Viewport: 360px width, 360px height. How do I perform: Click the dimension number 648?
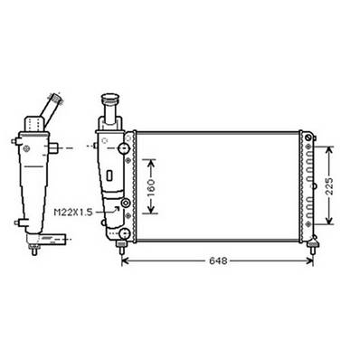pos(218,261)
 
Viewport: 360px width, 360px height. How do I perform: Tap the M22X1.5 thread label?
pos(77,212)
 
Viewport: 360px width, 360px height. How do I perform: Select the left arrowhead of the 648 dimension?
pos(124,261)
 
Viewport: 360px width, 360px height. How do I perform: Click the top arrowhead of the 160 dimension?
pos(150,159)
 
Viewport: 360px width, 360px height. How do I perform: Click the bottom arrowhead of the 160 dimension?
pos(150,213)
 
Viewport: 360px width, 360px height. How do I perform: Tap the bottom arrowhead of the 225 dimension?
pos(331,223)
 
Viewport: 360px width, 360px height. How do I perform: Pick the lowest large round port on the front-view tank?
pos(122,234)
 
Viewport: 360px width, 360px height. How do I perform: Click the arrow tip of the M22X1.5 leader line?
pos(118,208)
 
